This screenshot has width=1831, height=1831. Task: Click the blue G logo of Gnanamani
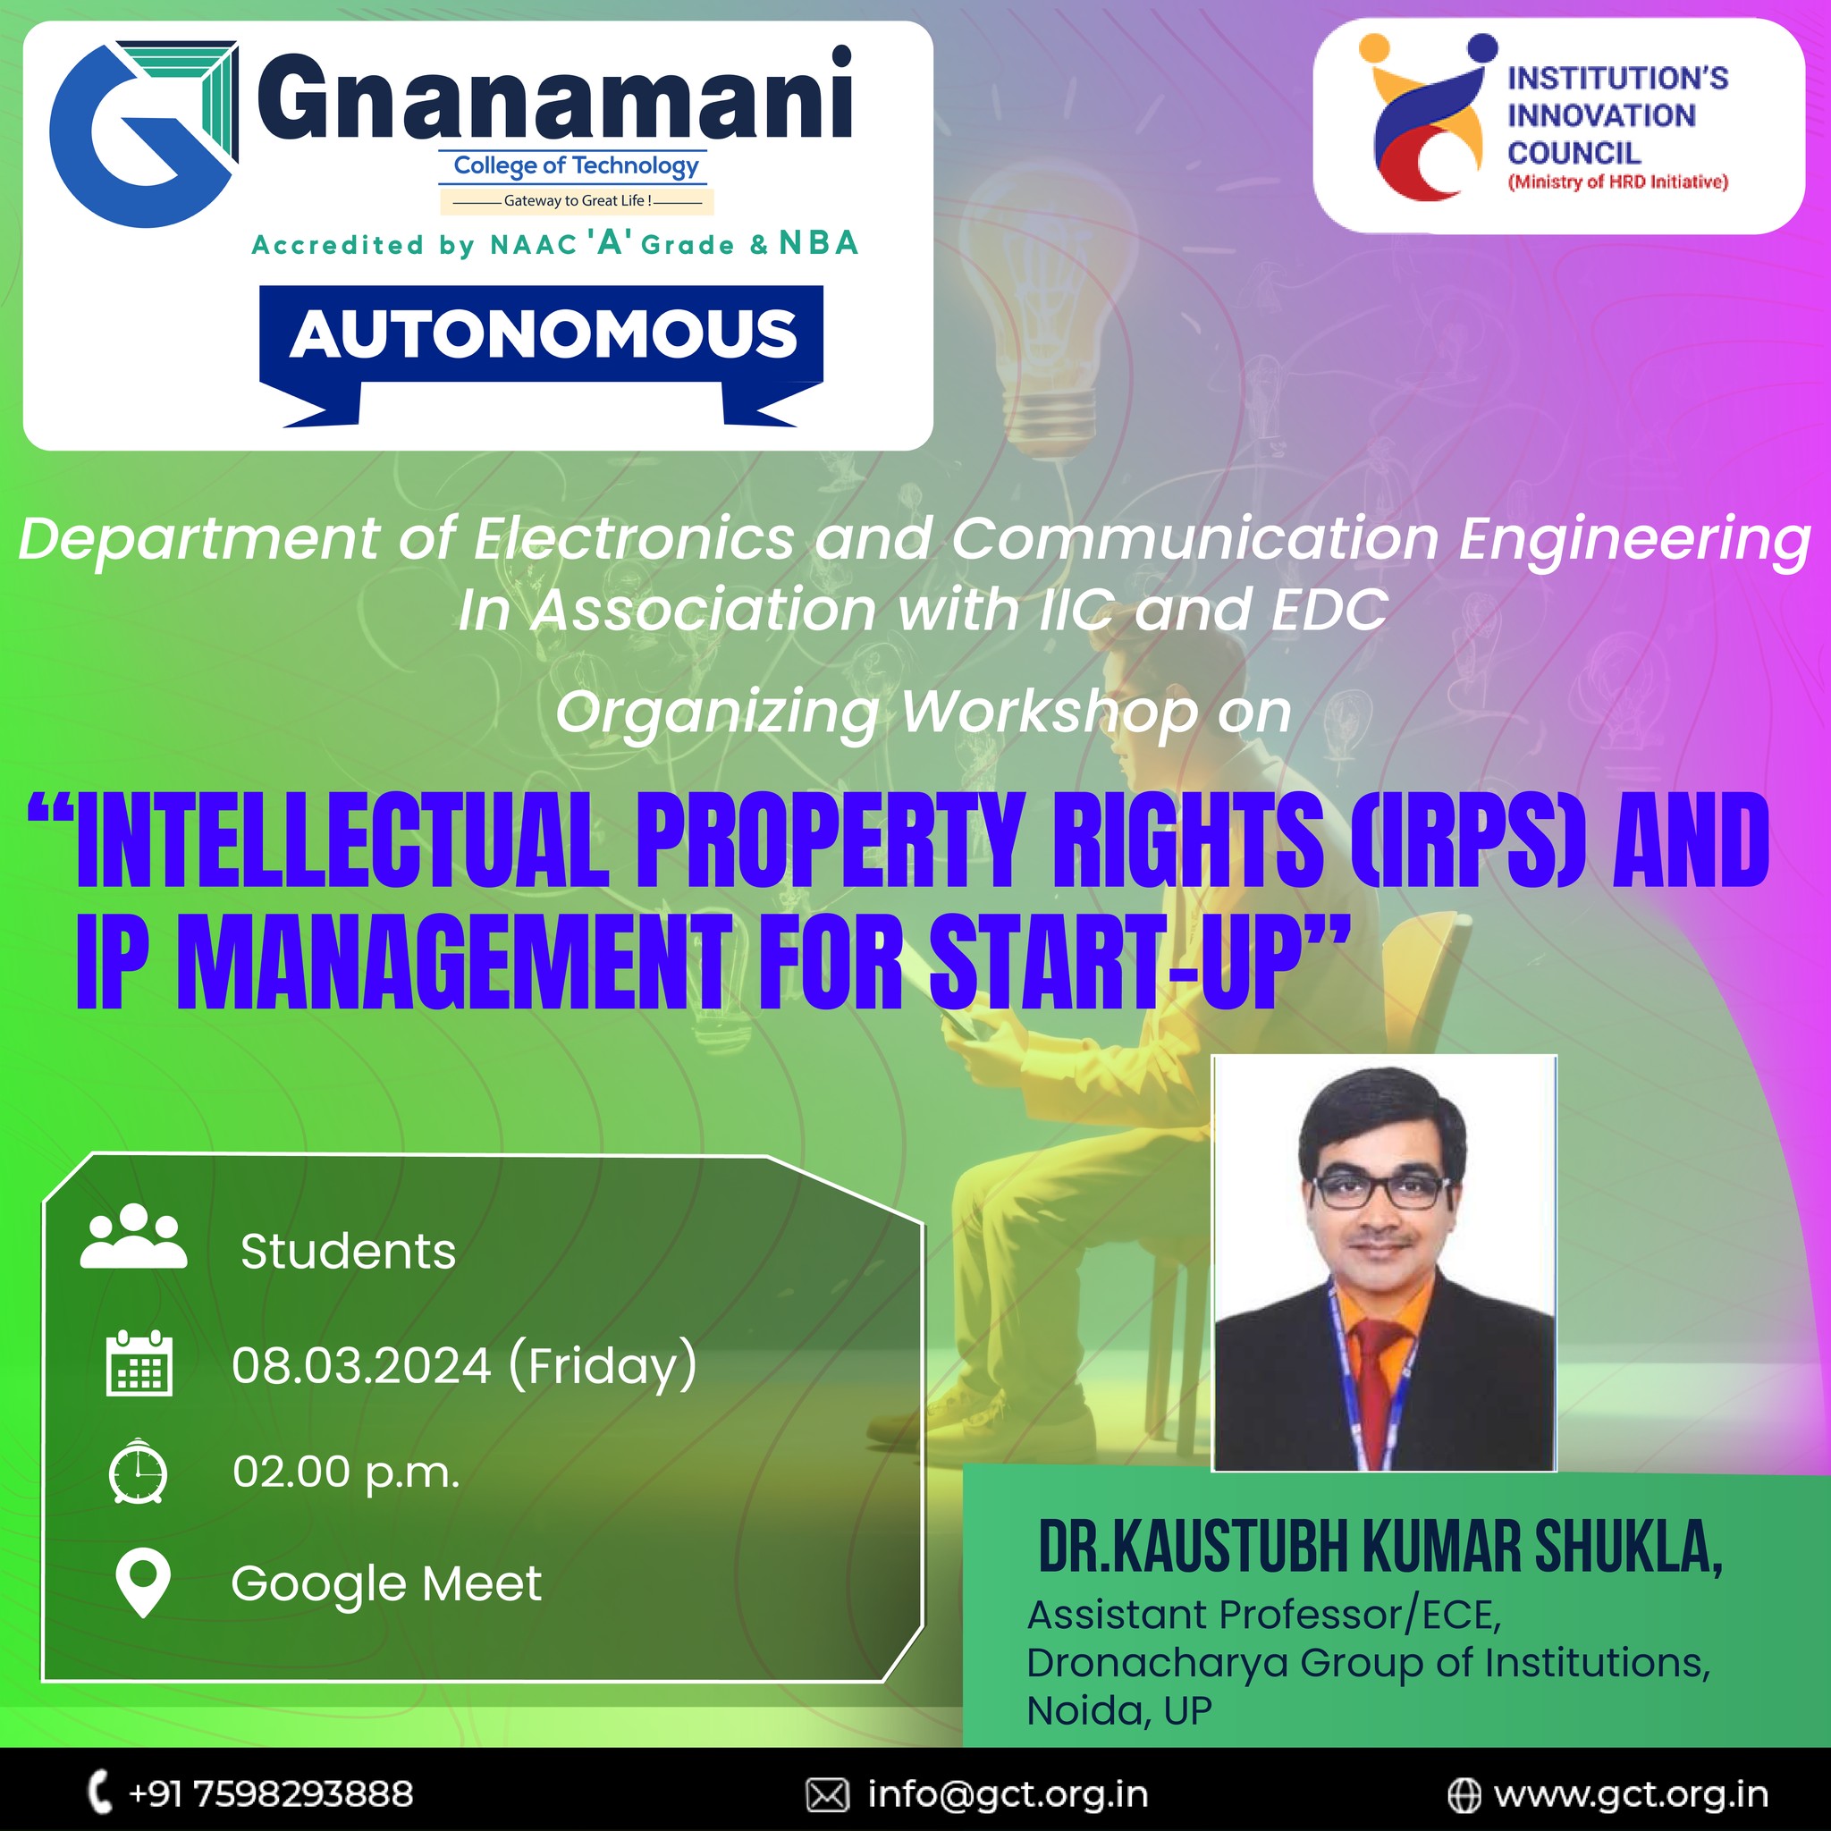142,132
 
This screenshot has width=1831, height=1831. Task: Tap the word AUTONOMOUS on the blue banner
543,334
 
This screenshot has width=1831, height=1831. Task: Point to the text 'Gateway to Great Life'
577,201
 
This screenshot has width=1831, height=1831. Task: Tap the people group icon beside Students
133,1236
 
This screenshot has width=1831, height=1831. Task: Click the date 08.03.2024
361,1366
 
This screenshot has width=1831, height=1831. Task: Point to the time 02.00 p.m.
346,1472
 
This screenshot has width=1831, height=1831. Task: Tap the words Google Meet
386,1583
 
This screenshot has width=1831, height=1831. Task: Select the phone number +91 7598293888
270,1793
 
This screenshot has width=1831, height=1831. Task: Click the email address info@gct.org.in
1008,1794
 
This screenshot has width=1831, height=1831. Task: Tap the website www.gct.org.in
1630,1794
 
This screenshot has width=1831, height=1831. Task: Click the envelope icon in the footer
827,1795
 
